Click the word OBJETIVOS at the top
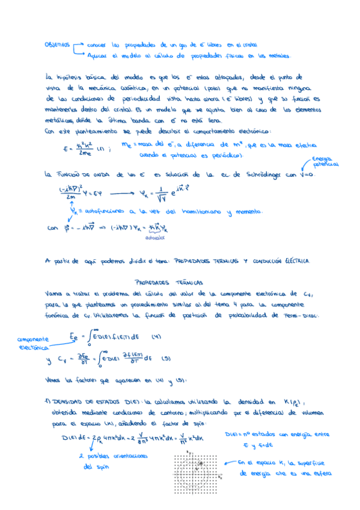tap(58, 45)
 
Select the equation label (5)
tap(165, 358)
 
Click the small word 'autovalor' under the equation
tap(154, 237)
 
